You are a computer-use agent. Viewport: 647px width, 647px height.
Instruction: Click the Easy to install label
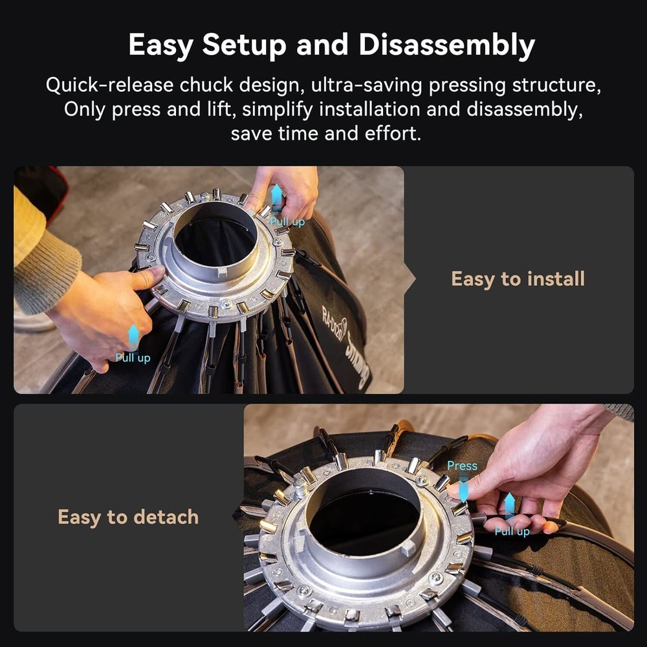click(518, 279)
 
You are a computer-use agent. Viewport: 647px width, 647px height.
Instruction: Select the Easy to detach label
click(128, 517)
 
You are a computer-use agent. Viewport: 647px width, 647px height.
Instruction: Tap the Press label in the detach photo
click(462, 466)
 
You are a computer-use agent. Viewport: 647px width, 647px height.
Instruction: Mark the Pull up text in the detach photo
click(512, 531)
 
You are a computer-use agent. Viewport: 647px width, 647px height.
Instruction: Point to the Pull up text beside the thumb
click(133, 358)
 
